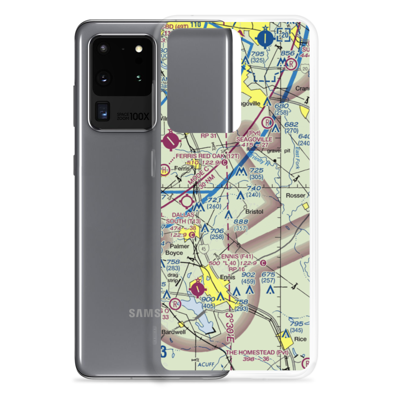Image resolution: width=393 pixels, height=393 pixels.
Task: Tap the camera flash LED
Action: [138, 49]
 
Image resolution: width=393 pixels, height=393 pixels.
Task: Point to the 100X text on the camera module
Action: [140, 117]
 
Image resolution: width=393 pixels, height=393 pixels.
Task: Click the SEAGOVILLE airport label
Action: [253, 140]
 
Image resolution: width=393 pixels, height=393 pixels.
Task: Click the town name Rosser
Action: [296, 195]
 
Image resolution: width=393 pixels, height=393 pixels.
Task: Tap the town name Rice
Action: [300, 339]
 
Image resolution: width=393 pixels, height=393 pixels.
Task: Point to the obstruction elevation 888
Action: [241, 222]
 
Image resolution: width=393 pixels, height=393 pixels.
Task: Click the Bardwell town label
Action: [172, 332]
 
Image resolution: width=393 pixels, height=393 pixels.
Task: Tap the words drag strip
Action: [173, 278]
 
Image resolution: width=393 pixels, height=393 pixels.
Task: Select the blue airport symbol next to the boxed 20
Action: [266, 38]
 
